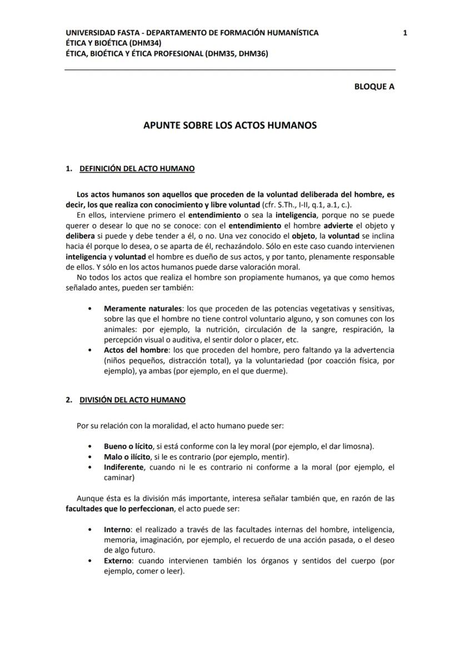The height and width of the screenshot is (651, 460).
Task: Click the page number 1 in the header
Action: tap(405, 33)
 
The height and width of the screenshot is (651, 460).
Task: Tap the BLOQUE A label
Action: tap(374, 86)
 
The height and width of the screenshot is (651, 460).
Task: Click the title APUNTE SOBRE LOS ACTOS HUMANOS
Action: tap(230, 125)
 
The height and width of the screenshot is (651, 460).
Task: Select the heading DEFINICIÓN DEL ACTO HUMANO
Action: tap(137, 168)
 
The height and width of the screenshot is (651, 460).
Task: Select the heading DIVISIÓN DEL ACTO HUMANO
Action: tap(132, 400)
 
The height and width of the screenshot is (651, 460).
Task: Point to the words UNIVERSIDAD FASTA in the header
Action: tap(97, 33)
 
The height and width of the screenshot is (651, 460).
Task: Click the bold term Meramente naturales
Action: tap(143, 308)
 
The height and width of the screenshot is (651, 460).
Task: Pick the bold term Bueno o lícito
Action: tap(128, 446)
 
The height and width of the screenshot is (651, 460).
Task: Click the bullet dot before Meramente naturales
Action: tap(90, 308)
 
